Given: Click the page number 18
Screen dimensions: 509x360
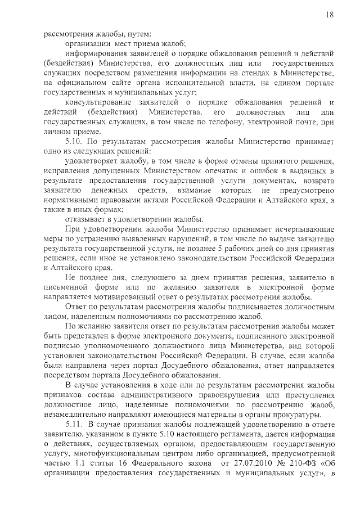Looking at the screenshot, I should click(329, 15).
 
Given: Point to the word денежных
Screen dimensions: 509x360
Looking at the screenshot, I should click(112, 190).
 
